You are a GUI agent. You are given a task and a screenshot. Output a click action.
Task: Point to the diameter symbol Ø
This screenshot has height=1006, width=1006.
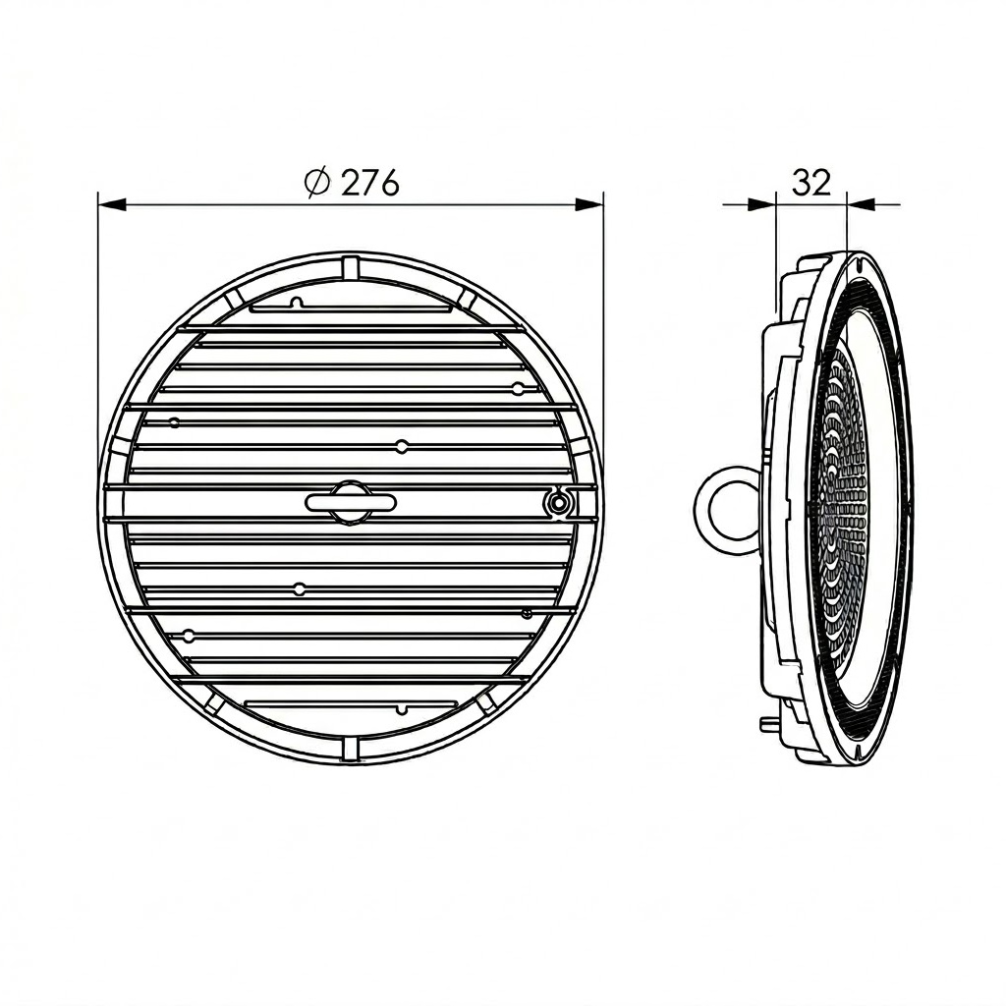tap(316, 183)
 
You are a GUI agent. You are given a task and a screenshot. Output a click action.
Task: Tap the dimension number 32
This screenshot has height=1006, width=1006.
tap(810, 182)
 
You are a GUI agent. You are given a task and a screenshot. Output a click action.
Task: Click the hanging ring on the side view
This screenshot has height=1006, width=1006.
tap(726, 506)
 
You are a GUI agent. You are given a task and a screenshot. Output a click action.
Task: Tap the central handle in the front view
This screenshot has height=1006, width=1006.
tap(351, 502)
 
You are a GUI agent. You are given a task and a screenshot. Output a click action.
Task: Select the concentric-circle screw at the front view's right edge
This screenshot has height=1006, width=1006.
tap(558, 503)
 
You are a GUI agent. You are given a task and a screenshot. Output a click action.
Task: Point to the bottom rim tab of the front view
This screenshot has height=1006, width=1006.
tap(352, 749)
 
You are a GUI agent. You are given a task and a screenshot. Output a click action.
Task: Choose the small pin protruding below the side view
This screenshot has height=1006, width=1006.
tap(765, 723)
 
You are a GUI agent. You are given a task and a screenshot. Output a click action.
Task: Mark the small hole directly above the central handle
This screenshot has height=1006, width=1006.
tap(401, 447)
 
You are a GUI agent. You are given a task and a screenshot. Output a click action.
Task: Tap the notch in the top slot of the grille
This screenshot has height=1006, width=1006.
tap(296, 303)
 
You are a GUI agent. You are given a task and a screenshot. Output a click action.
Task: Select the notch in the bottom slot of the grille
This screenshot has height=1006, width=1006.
tap(401, 708)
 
